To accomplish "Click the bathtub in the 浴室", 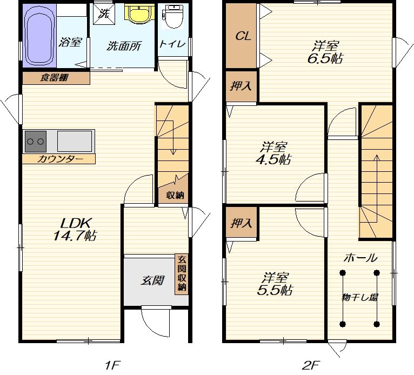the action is [40, 35].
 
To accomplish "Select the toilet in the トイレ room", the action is [173, 17].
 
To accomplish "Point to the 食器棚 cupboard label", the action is [54, 78].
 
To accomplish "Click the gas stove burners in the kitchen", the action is [35, 142].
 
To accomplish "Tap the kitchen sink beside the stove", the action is [75, 141].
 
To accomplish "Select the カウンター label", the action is [60, 159].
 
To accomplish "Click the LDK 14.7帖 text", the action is [75, 229].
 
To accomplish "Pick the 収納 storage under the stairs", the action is [175, 195].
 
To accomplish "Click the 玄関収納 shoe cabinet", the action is [182, 273].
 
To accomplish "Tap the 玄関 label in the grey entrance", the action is [153, 280].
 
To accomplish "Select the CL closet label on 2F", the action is [243, 36].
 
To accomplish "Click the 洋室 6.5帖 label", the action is [325, 52].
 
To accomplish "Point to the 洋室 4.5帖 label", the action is [273, 153].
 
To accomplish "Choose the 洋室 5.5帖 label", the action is [275, 284].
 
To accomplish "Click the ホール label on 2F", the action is [360, 258].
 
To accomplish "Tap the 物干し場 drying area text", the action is [359, 297].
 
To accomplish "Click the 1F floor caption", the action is [112, 366].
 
